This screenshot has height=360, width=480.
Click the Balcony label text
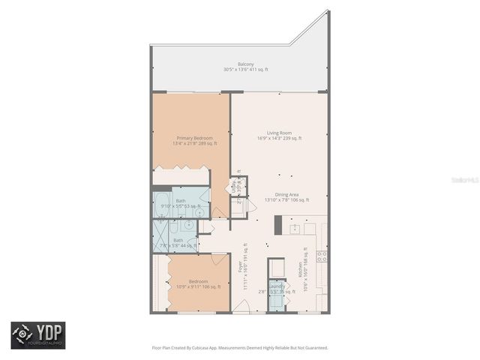(244, 64)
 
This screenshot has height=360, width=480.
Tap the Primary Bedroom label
(194, 138)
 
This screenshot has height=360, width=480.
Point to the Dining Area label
(277, 194)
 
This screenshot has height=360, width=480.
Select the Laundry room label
(276, 286)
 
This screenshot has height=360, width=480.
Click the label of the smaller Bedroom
(198, 281)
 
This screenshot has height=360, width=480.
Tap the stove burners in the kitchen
(322, 256)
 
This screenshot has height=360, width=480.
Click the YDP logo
(37, 334)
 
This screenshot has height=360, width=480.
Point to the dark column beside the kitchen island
(278, 225)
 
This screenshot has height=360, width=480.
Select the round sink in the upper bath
(189, 212)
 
